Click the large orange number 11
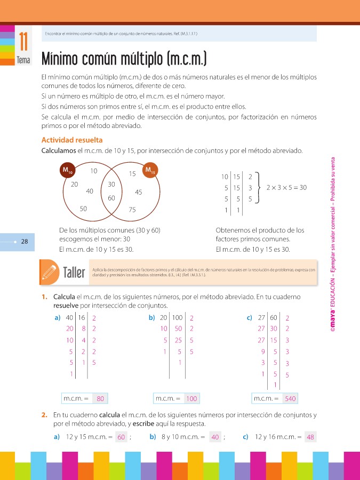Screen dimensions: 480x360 (x=23, y=41)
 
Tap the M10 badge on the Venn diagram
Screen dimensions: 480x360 (x=67, y=171)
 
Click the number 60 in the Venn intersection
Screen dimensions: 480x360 (x=111, y=198)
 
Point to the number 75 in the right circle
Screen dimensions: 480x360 (x=133, y=210)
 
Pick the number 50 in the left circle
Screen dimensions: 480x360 (x=84, y=209)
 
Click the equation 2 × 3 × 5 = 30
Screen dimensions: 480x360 (x=286, y=188)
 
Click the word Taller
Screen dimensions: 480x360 (x=74, y=273)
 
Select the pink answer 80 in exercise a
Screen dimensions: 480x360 (x=100, y=398)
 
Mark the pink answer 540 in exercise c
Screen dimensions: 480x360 (x=290, y=398)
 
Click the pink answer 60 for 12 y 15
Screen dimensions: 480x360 (x=121, y=437)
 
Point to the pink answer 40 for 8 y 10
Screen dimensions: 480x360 (x=215, y=437)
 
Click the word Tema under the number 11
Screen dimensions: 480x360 (x=23, y=60)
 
